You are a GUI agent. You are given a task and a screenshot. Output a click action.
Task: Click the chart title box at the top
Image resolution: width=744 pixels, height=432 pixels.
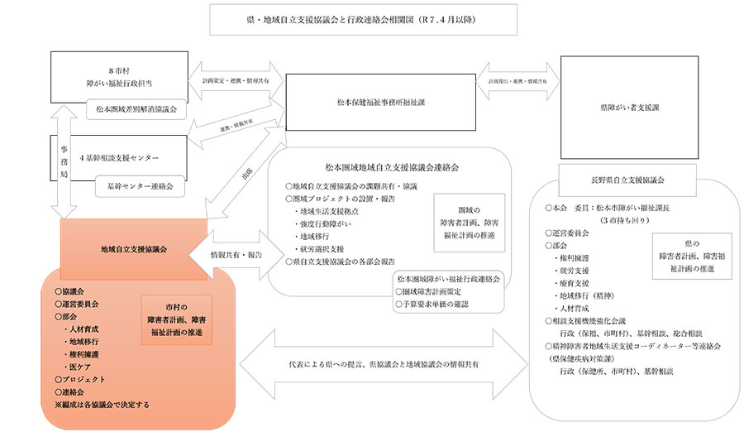[363, 19]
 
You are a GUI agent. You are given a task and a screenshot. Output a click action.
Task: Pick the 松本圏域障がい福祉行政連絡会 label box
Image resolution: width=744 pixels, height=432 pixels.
[447, 279]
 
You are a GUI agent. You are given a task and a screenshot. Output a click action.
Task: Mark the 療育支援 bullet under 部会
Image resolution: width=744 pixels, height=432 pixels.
[574, 281]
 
